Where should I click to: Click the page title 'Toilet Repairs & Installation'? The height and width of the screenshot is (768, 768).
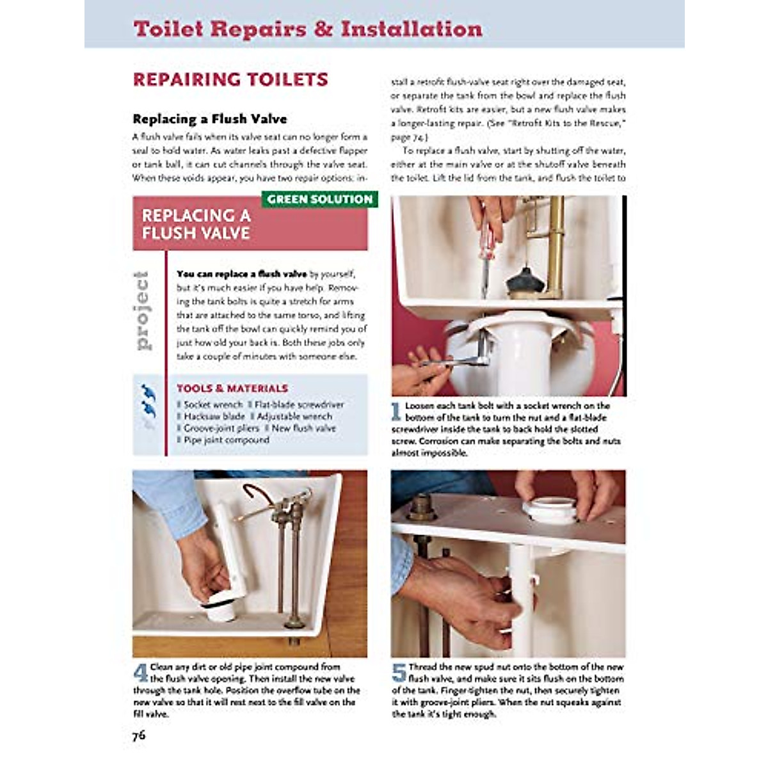pos(307,29)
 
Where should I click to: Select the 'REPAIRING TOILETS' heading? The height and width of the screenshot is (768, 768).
pos(230,80)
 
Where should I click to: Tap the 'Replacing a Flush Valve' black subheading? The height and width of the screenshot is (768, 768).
pos(210,119)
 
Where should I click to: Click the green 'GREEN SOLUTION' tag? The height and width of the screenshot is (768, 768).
pos(319,200)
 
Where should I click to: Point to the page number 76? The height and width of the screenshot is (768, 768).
pos(139,735)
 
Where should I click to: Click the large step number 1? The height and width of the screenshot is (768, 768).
pos(397,411)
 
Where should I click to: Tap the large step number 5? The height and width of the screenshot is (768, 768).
pos(399,672)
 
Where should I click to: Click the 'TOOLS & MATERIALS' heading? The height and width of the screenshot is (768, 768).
pos(232,388)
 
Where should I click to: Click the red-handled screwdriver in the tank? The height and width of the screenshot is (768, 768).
pos(488,250)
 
